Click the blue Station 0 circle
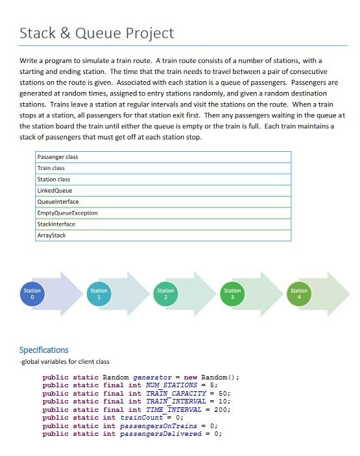(x=32, y=294)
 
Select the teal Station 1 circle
(x=99, y=294)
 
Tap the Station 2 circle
(x=165, y=294)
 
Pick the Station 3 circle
(x=232, y=294)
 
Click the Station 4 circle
(x=299, y=294)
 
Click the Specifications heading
(x=43, y=350)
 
